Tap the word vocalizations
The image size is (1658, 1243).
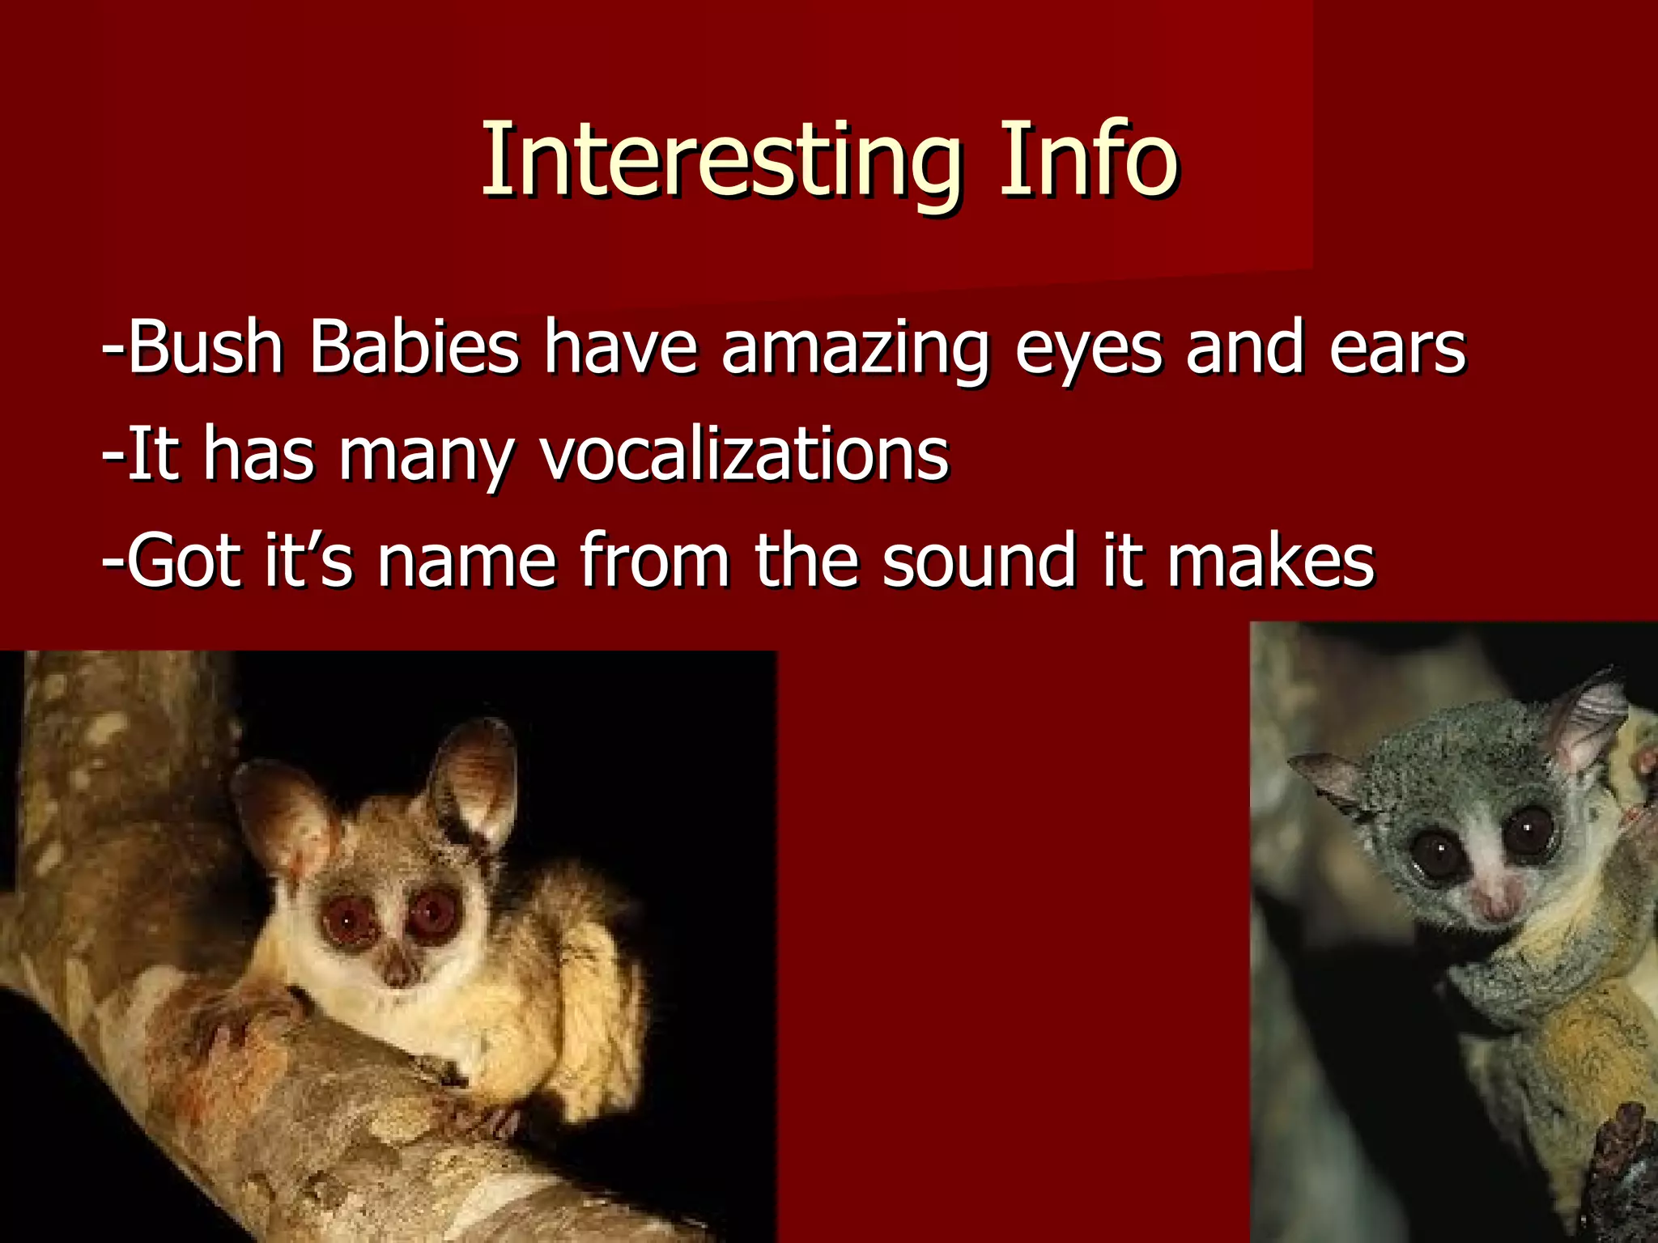pos(744,455)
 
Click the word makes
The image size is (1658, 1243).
pos(1270,561)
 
